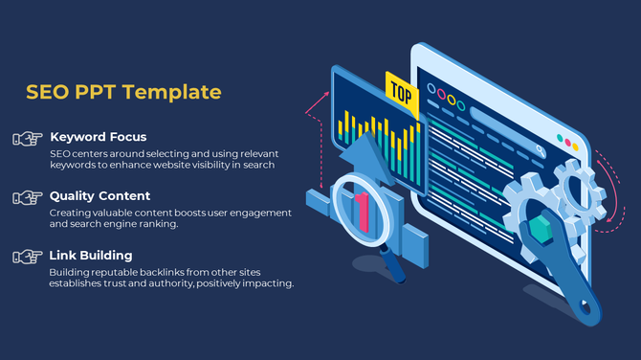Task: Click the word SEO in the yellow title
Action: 45,92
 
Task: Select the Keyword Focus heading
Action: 98,137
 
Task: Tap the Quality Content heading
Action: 99,196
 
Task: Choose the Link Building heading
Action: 91,256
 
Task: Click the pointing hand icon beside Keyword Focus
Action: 26,139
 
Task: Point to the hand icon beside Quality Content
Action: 26,197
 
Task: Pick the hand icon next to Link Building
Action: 26,257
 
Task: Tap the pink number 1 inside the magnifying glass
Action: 362,211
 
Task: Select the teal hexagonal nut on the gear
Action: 541,229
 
